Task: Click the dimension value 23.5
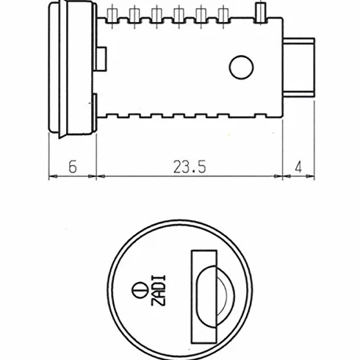[x=190, y=167]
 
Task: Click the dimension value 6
[x=73, y=167]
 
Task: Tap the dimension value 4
[x=298, y=168]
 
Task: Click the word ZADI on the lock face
[x=159, y=290]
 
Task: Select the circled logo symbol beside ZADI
[x=140, y=290]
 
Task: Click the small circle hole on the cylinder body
[x=241, y=68]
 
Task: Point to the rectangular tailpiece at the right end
[x=298, y=68]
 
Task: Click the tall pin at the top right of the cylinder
[x=260, y=12]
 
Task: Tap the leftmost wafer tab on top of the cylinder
[x=112, y=15]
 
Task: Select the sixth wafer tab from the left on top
[x=223, y=15]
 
